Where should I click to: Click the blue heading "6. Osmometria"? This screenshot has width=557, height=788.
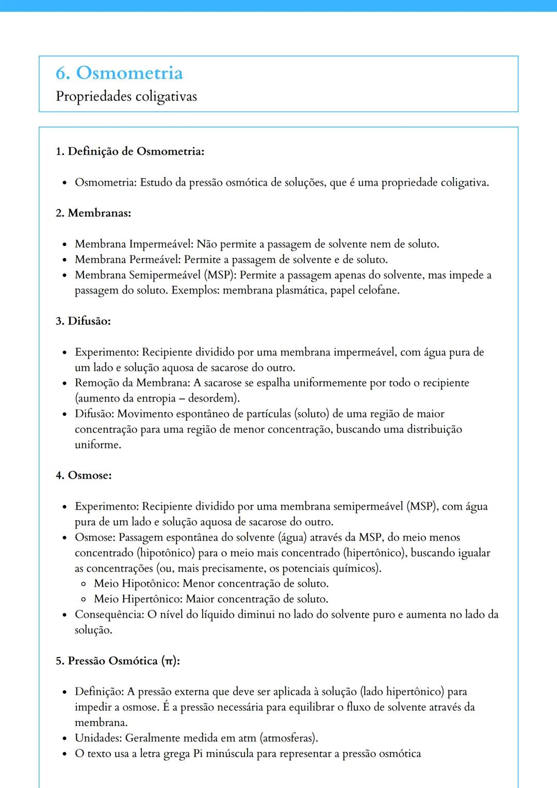[119, 73]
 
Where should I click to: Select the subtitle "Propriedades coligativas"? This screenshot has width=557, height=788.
[126, 96]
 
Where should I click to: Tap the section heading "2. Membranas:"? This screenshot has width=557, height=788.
[93, 213]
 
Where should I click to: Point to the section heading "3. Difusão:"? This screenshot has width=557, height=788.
[83, 321]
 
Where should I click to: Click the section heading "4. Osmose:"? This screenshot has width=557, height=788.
[84, 475]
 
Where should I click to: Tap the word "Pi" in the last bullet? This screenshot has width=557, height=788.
[198, 753]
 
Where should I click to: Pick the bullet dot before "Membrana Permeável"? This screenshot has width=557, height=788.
[64, 260]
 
